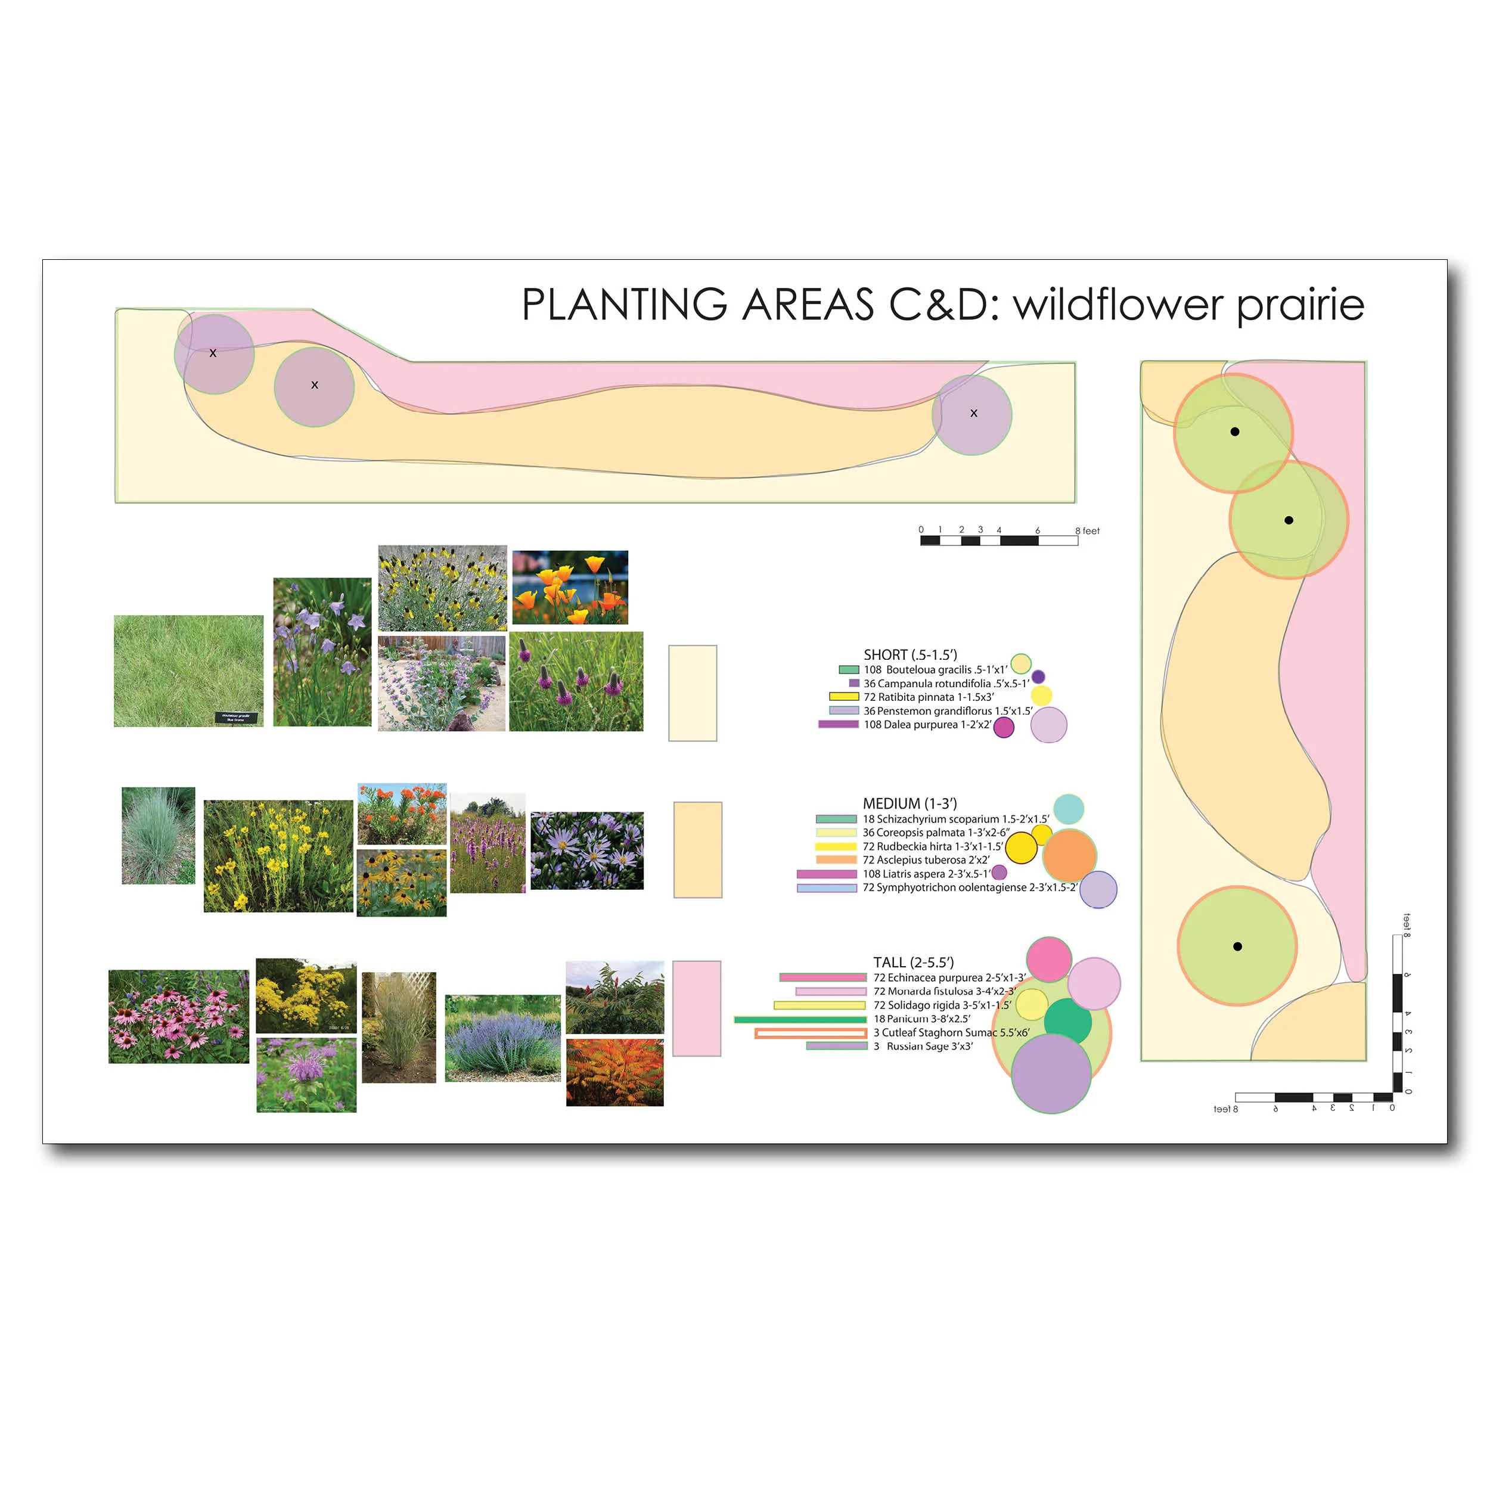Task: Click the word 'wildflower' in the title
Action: point(1118,305)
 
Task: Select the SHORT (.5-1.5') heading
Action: point(910,655)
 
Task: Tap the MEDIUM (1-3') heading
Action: point(909,803)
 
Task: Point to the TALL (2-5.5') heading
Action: point(913,963)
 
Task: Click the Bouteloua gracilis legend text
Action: point(935,669)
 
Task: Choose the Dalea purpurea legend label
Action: point(927,725)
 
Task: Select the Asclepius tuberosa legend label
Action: point(926,860)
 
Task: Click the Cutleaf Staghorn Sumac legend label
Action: point(951,1033)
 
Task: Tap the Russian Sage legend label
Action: point(923,1047)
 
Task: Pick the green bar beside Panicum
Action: point(800,1020)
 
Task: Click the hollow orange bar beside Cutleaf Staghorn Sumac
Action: point(811,1033)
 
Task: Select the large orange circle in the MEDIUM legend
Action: point(1069,855)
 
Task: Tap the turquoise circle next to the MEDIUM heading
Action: point(1068,809)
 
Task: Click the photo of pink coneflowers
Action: point(178,1016)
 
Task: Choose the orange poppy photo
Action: point(570,587)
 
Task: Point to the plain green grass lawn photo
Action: point(188,671)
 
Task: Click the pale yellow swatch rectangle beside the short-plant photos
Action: point(692,693)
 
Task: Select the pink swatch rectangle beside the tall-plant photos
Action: point(696,1008)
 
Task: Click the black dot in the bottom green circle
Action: point(1237,946)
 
